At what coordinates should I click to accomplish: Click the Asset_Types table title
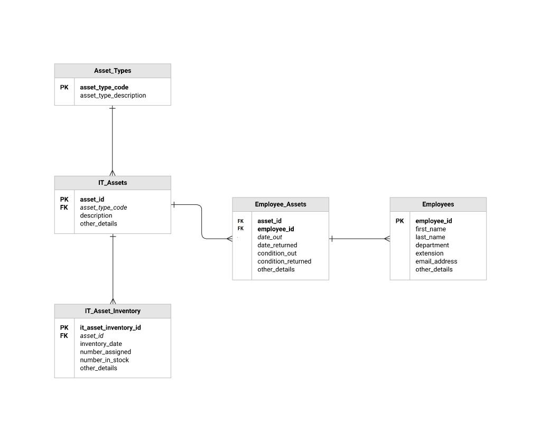click(x=113, y=71)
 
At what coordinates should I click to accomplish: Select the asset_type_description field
click(x=113, y=96)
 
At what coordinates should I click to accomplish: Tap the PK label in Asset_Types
click(x=64, y=88)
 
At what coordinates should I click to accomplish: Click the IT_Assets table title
click(x=113, y=183)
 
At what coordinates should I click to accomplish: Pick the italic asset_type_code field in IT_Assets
click(x=104, y=208)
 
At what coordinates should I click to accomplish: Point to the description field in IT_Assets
click(x=96, y=215)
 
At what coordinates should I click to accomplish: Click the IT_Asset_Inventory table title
click(x=113, y=311)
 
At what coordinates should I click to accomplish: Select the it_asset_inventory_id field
click(x=110, y=327)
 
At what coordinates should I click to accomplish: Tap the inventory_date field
click(x=101, y=344)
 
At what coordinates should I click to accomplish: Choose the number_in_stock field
click(x=105, y=360)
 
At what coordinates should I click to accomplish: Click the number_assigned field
click(x=106, y=352)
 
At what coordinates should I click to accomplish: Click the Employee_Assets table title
click(x=281, y=204)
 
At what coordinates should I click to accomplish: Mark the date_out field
click(x=270, y=237)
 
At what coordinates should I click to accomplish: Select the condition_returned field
click(x=284, y=261)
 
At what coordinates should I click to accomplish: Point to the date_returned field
click(x=277, y=245)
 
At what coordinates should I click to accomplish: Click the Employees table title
click(x=438, y=204)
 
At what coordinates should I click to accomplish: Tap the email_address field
click(x=436, y=261)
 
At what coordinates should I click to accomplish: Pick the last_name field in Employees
click(x=431, y=237)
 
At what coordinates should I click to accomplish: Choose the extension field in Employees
click(x=430, y=253)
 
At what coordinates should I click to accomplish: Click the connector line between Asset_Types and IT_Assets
click(x=113, y=140)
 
